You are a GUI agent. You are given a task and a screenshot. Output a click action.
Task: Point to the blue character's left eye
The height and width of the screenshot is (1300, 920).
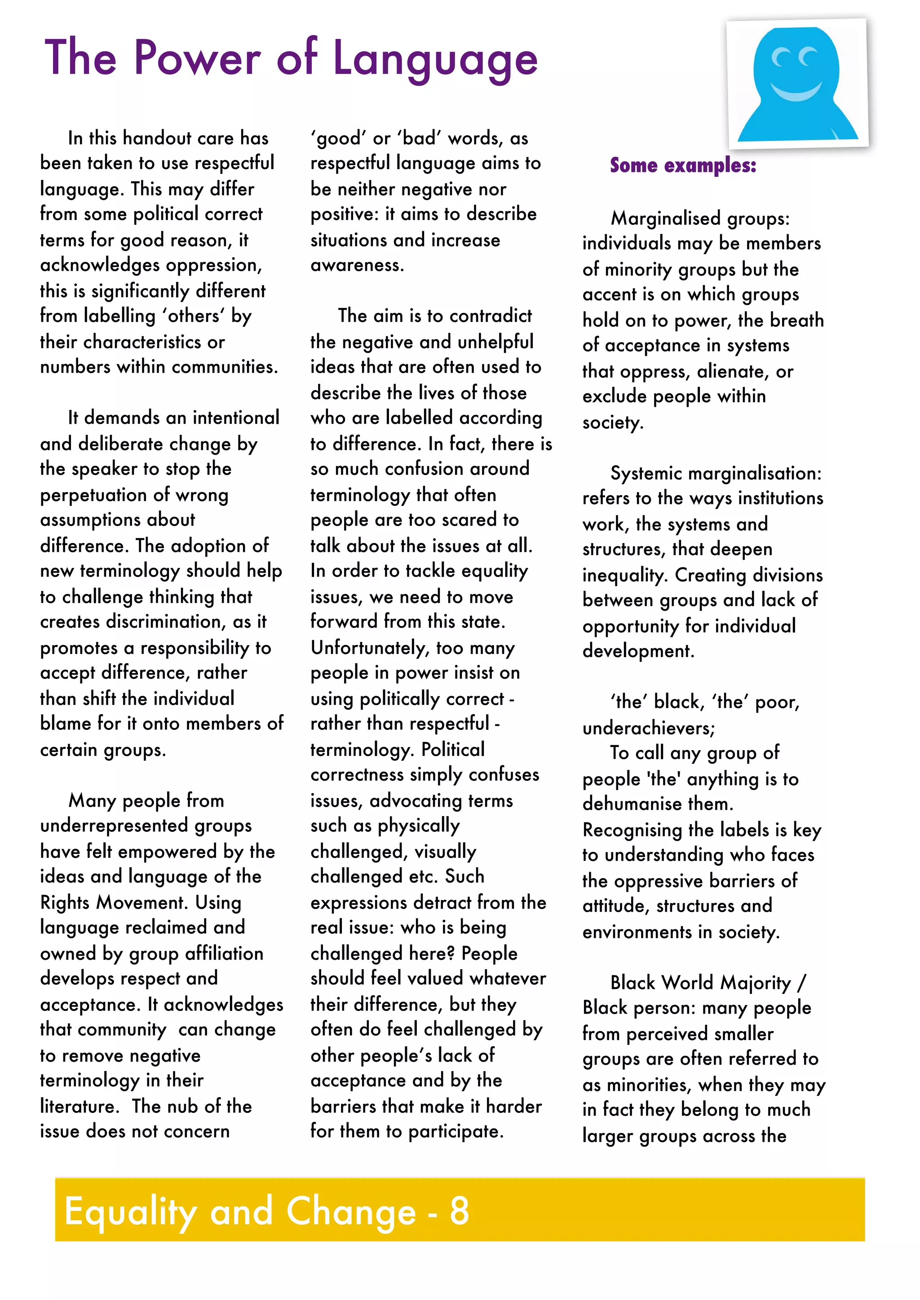783,58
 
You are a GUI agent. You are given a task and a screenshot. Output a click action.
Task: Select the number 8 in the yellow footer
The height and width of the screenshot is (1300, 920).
460,1211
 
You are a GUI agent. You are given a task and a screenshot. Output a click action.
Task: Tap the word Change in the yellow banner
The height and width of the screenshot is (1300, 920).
351,1211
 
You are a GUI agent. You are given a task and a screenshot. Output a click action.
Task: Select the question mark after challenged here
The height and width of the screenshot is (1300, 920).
451,953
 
